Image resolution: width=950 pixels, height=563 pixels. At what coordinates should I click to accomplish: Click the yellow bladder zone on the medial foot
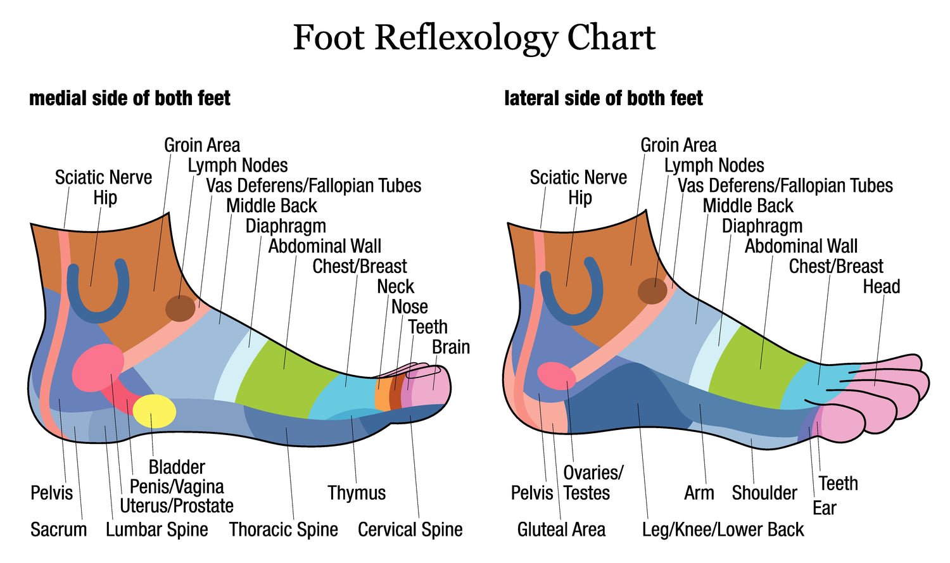pyautogui.click(x=154, y=410)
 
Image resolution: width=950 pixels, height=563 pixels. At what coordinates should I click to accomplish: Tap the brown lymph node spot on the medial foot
pyautogui.click(x=180, y=308)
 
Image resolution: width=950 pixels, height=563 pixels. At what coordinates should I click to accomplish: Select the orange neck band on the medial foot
pyautogui.click(x=382, y=395)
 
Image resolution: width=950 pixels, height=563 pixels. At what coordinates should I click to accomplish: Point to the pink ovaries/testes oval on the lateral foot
pyautogui.click(x=556, y=376)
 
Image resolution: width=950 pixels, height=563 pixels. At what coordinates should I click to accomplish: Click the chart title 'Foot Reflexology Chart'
pyautogui.click(x=474, y=37)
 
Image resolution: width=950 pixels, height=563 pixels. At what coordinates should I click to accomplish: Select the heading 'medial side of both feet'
pyautogui.click(x=130, y=98)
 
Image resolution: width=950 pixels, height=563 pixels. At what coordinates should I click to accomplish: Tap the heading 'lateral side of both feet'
pyautogui.click(x=603, y=98)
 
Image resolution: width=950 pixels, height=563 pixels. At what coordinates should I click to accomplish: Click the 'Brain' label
pyautogui.click(x=450, y=347)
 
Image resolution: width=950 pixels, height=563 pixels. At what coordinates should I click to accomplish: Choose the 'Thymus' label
pyautogui.click(x=357, y=493)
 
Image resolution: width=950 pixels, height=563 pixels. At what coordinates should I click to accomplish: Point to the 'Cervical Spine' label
pyautogui.click(x=410, y=529)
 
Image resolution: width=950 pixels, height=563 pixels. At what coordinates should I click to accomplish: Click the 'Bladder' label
pyautogui.click(x=177, y=467)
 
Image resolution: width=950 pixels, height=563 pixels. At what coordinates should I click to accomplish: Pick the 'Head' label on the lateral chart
pyautogui.click(x=881, y=286)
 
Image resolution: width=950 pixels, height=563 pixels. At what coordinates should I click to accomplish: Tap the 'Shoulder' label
pyautogui.click(x=764, y=493)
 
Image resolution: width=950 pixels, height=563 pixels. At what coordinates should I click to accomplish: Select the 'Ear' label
pyautogui.click(x=824, y=508)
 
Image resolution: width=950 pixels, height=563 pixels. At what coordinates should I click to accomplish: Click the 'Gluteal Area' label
pyautogui.click(x=561, y=529)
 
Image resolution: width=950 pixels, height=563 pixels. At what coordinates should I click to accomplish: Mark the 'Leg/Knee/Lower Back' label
pyautogui.click(x=723, y=529)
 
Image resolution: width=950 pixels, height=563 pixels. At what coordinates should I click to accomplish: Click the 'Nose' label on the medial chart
pyautogui.click(x=409, y=307)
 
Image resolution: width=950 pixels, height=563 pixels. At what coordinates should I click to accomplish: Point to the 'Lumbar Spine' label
pyautogui.click(x=156, y=529)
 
